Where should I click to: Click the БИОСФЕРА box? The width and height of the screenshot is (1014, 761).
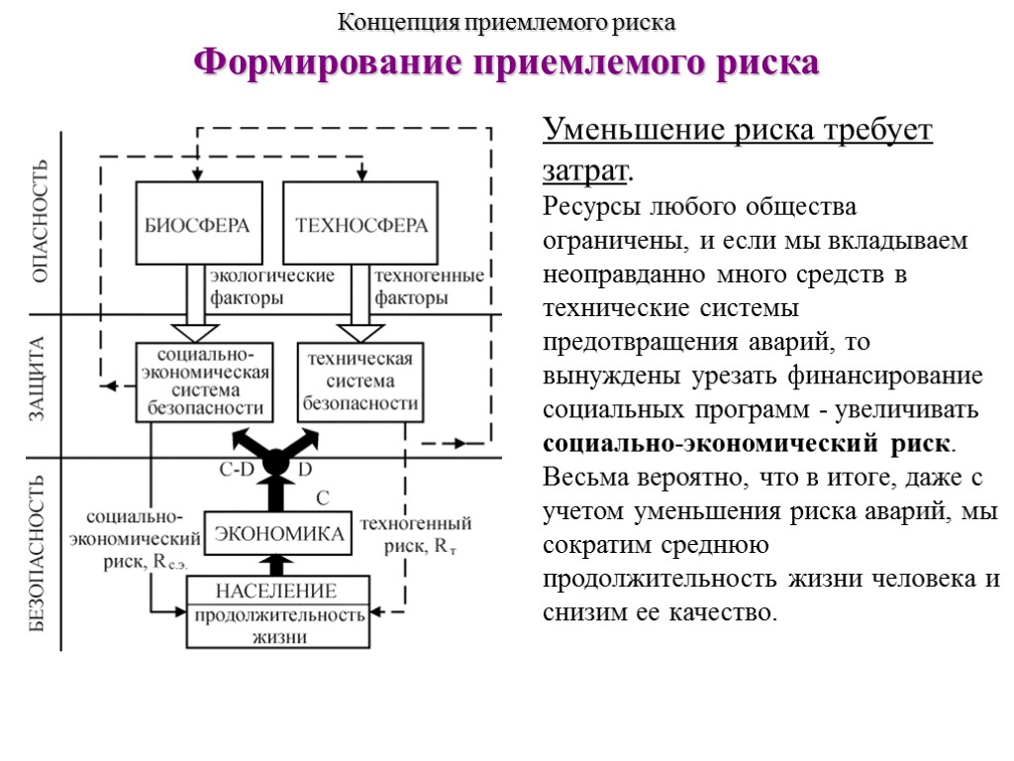(199, 223)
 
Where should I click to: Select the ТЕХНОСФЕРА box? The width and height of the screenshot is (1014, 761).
(361, 223)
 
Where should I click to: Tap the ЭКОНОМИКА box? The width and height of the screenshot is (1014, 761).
(279, 534)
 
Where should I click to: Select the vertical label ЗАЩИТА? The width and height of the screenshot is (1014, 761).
(38, 380)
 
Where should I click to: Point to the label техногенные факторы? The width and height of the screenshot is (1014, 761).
(428, 285)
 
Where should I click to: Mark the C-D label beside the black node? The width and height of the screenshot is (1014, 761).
(237, 470)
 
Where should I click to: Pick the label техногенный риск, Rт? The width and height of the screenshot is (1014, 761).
(415, 534)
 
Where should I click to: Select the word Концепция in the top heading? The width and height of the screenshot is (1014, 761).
(387, 21)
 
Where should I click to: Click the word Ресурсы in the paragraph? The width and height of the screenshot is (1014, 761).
(591, 208)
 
